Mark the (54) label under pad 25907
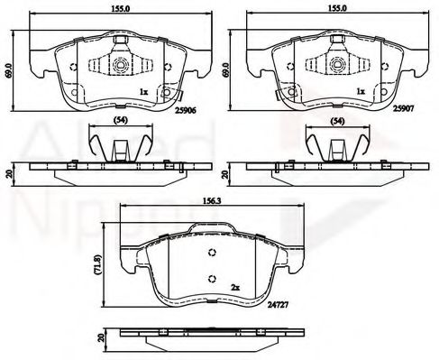point(337,121)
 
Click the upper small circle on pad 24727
point(212,252)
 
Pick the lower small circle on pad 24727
point(212,277)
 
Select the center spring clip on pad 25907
point(334,65)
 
